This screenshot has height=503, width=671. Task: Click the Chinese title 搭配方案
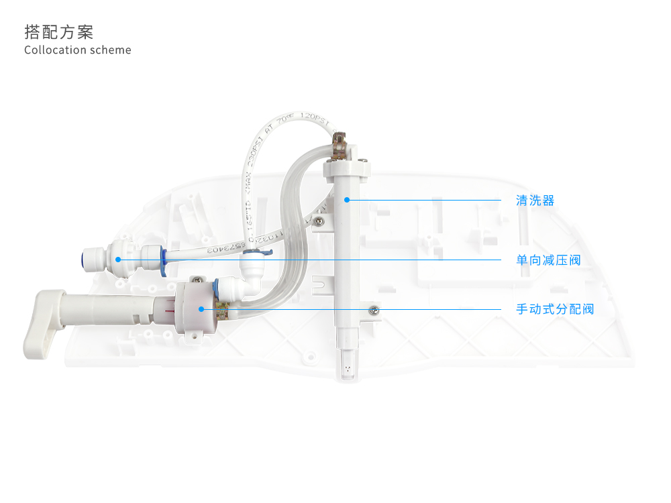pos(58,32)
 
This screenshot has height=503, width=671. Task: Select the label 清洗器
pos(535,201)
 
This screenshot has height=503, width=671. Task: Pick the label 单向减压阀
pos(548,260)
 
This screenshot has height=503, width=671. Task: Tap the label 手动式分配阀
pos(554,309)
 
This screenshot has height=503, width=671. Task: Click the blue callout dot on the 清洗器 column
pos(347,199)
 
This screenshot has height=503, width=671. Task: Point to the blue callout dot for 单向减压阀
pos(118,259)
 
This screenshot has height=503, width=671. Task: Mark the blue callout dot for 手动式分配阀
pos(201,309)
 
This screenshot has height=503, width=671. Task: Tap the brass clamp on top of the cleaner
pos(340,145)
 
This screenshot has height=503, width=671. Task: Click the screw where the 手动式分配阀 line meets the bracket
pos(374,309)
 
